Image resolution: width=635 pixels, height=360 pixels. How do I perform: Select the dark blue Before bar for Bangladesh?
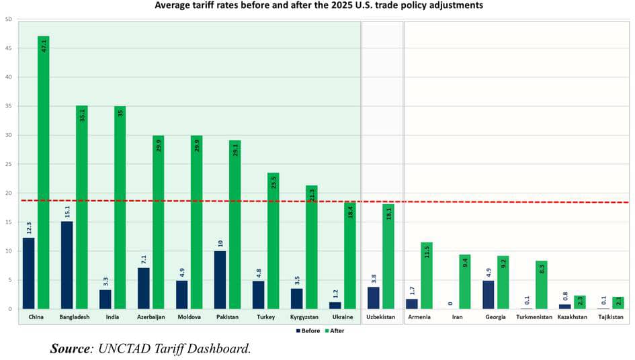coord(67,265)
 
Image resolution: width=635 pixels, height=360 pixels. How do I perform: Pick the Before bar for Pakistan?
coord(220,280)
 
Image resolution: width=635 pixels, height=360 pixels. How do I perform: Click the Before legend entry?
coord(308,330)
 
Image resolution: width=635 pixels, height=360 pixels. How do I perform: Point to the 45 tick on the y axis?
coord(8,48)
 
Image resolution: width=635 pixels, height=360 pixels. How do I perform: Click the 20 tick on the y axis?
coord(8,193)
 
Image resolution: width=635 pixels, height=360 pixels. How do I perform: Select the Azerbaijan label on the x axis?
coord(152,316)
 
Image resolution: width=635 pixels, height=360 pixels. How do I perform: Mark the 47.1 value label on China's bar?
coord(44,46)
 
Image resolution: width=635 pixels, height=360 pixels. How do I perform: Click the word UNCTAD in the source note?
coord(122,349)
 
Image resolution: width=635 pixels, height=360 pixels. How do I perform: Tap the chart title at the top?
coord(318,5)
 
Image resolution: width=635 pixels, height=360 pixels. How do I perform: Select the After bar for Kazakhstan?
coord(579,302)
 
